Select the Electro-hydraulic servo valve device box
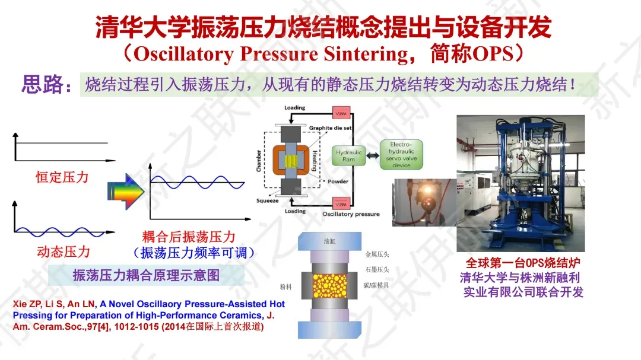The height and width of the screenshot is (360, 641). pyautogui.click(x=401, y=155)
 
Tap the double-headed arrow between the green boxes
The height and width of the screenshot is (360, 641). pyautogui.click(x=373, y=156)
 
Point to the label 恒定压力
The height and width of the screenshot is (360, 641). pyautogui.click(x=62, y=177)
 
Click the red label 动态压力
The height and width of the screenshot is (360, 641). pyautogui.click(x=64, y=251)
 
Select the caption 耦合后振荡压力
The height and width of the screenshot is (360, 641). pyautogui.click(x=189, y=237)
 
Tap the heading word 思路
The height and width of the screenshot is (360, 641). pyautogui.click(x=43, y=85)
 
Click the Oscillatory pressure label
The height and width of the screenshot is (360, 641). pyautogui.click(x=351, y=214)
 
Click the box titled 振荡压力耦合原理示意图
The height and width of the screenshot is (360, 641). pyautogui.click(x=147, y=275)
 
